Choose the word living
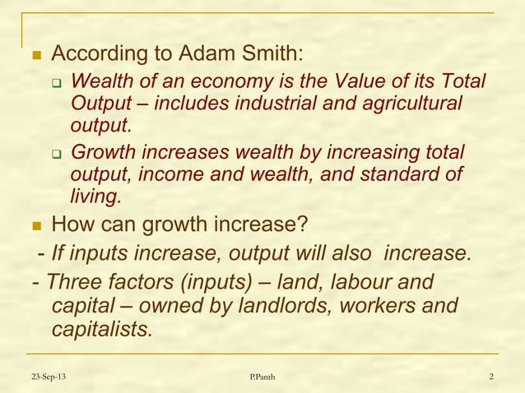(x=95, y=196)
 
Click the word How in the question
(x=71, y=224)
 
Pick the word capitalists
(x=101, y=331)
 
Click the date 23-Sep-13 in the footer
(x=49, y=377)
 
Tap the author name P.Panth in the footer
(x=262, y=377)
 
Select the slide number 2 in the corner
(x=490, y=377)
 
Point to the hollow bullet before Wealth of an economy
(x=58, y=84)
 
